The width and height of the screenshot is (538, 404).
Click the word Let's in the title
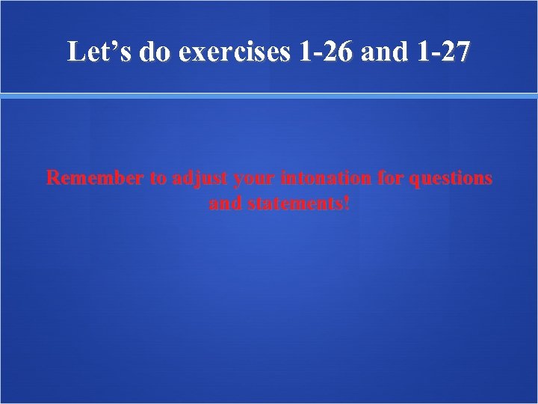[96, 52]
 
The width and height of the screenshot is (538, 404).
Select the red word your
[253, 180]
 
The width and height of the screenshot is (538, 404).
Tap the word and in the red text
[223, 203]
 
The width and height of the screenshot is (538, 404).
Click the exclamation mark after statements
[345, 203]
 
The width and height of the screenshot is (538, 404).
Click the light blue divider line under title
[269, 96]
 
